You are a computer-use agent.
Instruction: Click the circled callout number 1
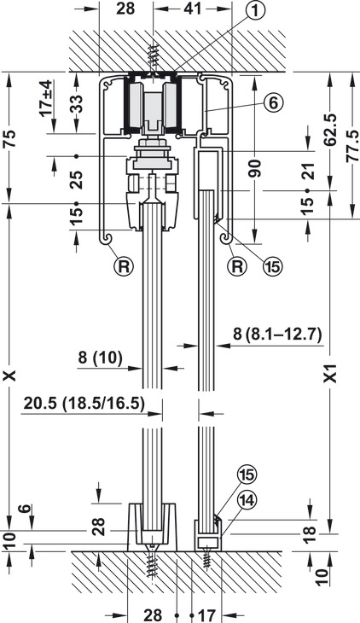pos(255,11)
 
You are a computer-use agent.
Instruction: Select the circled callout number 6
pos(273,103)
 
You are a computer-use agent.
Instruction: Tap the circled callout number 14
pos(247,501)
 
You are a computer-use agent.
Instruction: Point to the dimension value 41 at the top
pos(193,9)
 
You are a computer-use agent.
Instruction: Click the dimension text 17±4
pos(46,98)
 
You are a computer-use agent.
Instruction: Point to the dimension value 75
pos(10,138)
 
